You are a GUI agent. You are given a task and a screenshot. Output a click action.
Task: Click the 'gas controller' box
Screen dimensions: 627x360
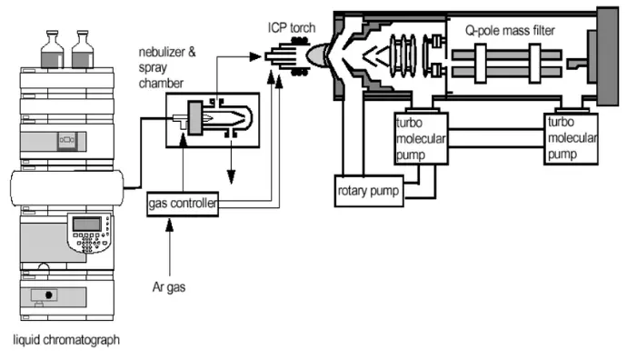183,204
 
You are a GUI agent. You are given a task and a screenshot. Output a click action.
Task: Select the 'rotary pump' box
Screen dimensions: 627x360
369,191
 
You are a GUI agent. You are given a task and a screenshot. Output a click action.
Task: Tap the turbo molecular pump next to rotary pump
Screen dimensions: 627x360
421,138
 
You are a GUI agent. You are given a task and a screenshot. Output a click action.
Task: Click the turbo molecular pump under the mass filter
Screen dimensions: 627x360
571,138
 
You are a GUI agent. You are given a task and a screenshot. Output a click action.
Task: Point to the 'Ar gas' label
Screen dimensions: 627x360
169,286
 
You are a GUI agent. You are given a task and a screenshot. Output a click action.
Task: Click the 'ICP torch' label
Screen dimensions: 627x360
292,27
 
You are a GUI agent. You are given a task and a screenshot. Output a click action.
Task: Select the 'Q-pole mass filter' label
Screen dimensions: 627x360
510,30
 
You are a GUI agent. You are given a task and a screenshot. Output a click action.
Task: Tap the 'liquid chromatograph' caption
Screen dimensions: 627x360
66,340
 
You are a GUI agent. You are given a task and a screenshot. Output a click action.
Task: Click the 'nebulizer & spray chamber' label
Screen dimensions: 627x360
167,67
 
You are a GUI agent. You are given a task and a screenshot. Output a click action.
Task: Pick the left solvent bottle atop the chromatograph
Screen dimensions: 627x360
52,50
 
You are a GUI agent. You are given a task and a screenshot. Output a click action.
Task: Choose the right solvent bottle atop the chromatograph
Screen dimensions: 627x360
83,50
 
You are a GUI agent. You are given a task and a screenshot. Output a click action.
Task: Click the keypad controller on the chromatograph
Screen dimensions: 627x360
90,234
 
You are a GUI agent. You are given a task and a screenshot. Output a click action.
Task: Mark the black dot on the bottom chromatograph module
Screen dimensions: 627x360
49,295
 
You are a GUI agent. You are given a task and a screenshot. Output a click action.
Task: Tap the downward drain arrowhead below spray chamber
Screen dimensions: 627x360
231,176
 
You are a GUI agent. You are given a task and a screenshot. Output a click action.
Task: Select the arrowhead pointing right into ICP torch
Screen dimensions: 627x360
255,56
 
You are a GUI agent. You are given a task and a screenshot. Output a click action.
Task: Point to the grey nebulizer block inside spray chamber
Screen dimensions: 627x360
195,118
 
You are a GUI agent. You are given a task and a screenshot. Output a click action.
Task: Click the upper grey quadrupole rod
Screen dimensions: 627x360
506,55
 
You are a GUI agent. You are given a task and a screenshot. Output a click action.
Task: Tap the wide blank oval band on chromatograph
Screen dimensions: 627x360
66,188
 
